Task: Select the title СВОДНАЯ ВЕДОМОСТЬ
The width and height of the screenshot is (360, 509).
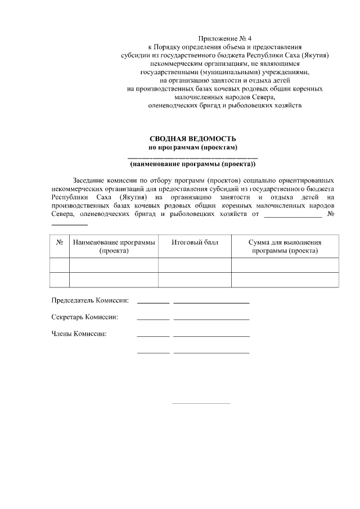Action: [x=192, y=139]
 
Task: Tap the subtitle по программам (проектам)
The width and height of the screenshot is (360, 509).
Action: [x=192, y=147]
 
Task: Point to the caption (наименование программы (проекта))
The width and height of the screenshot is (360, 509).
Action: [x=192, y=165]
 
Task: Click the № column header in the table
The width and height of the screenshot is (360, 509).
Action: [x=60, y=242]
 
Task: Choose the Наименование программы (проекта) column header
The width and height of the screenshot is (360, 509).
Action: [x=114, y=246]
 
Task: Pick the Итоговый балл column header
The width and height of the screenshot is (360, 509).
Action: [x=195, y=242]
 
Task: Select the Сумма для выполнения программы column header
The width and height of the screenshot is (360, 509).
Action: [x=285, y=246]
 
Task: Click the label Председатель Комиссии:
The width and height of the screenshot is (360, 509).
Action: [x=90, y=300]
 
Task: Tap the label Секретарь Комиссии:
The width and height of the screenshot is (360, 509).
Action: [x=85, y=317]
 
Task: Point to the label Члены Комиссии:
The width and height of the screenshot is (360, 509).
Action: [x=79, y=334]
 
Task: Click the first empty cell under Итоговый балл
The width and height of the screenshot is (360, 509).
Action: [x=195, y=265]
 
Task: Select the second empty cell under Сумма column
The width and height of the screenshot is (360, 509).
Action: [x=285, y=280]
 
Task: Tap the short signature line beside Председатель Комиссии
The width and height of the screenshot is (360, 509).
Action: [x=153, y=303]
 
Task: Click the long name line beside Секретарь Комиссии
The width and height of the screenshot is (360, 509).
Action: [x=211, y=320]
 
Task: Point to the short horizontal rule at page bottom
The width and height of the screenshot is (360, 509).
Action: [x=201, y=403]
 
